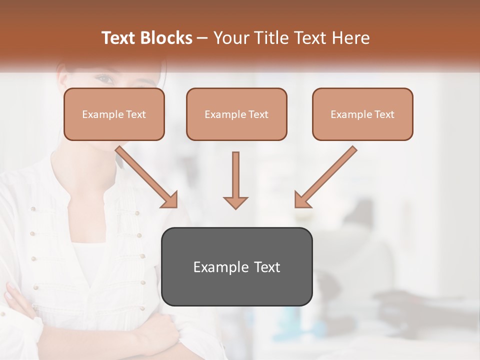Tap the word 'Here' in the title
pyautogui.click(x=350, y=38)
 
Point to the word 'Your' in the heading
pyautogui.click(x=229, y=38)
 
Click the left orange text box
pyautogui.click(x=114, y=114)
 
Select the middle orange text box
pyautogui.click(x=236, y=114)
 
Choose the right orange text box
pyautogui.click(x=362, y=114)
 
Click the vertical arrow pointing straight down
pyautogui.click(x=235, y=180)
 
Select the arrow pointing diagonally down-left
pyautogui.click(x=325, y=177)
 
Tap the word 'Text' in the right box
pyautogui.click(x=384, y=114)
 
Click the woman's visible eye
pyautogui.click(x=104, y=78)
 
